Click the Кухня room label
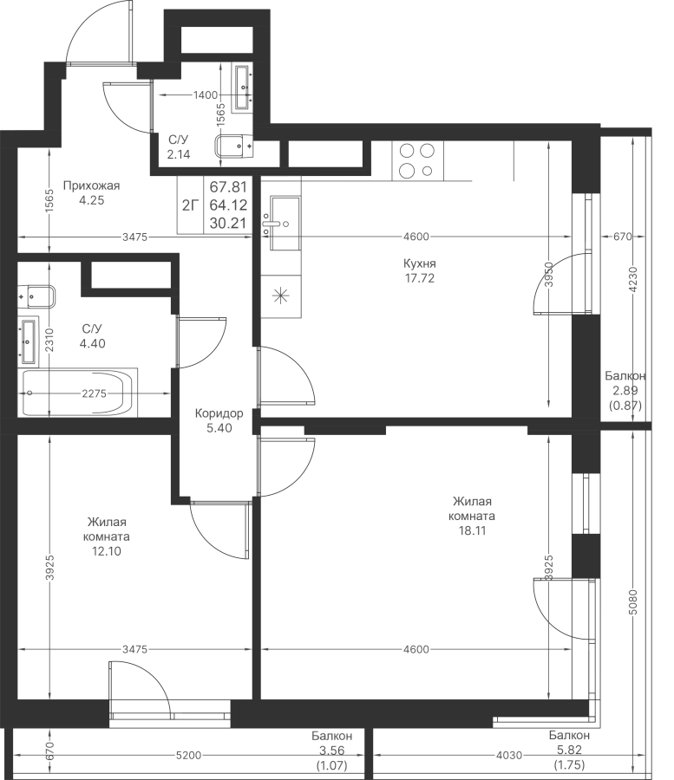pyautogui.click(x=420, y=263)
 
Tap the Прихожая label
pyautogui.click(x=92, y=185)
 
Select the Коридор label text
pyautogui.click(x=219, y=413)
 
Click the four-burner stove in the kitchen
pyautogui.click(x=417, y=160)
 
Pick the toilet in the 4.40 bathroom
pyautogui.click(x=36, y=297)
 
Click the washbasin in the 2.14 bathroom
pyautogui.click(x=243, y=87)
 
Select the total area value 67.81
pyautogui.click(x=228, y=187)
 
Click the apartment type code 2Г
pyautogui.click(x=190, y=205)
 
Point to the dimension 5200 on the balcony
pyautogui.click(x=188, y=755)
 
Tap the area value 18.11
pyautogui.click(x=472, y=530)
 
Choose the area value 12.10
pyautogui.click(x=107, y=551)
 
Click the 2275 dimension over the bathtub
pyautogui.click(x=94, y=393)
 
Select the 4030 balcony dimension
pyautogui.click(x=509, y=755)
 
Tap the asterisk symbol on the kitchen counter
pyautogui.click(x=281, y=296)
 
